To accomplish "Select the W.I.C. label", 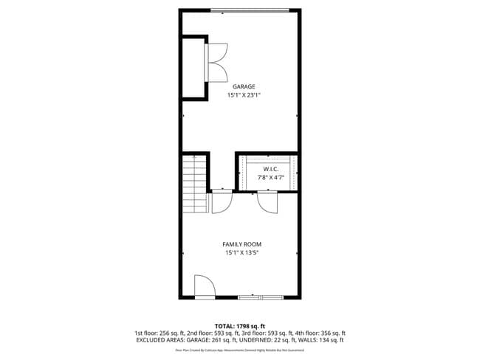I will (x=270, y=169).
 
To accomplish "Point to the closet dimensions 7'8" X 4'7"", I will (x=270, y=178).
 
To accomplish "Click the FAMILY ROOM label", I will (x=241, y=244).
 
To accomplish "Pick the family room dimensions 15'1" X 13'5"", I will (x=241, y=253).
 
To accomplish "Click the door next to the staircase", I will (x=222, y=201).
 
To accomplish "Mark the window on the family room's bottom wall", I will (x=261, y=297).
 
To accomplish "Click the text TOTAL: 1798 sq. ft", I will (x=239, y=325).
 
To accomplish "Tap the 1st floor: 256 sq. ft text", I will (x=160, y=333).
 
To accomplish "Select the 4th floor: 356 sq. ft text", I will (x=320, y=333).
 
